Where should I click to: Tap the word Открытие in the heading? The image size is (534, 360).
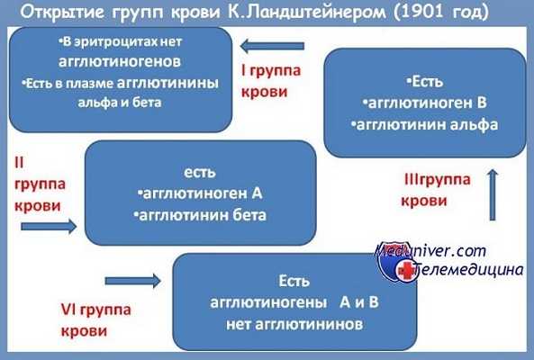coord(64,13)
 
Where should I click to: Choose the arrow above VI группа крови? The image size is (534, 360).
coord(144,282)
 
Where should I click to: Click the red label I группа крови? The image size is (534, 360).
coord(273,79)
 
